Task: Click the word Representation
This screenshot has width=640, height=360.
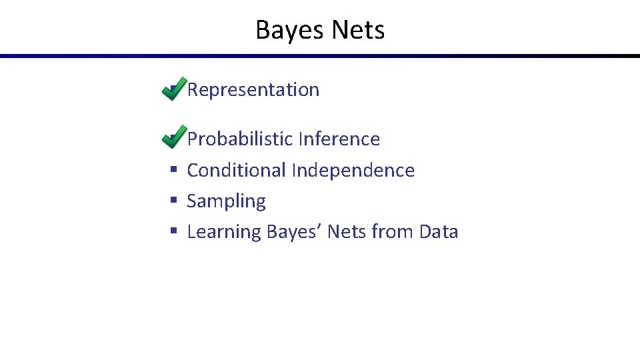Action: tap(253, 90)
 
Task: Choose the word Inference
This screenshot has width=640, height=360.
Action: tap(339, 139)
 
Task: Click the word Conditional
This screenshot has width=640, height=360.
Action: tap(237, 171)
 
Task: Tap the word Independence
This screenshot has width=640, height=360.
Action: tap(353, 171)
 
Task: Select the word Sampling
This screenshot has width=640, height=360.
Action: tap(226, 201)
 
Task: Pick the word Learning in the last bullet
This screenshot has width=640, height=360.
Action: tap(224, 232)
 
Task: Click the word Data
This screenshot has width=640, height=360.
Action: tap(438, 232)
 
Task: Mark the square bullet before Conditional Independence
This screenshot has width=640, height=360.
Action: tap(173, 171)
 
